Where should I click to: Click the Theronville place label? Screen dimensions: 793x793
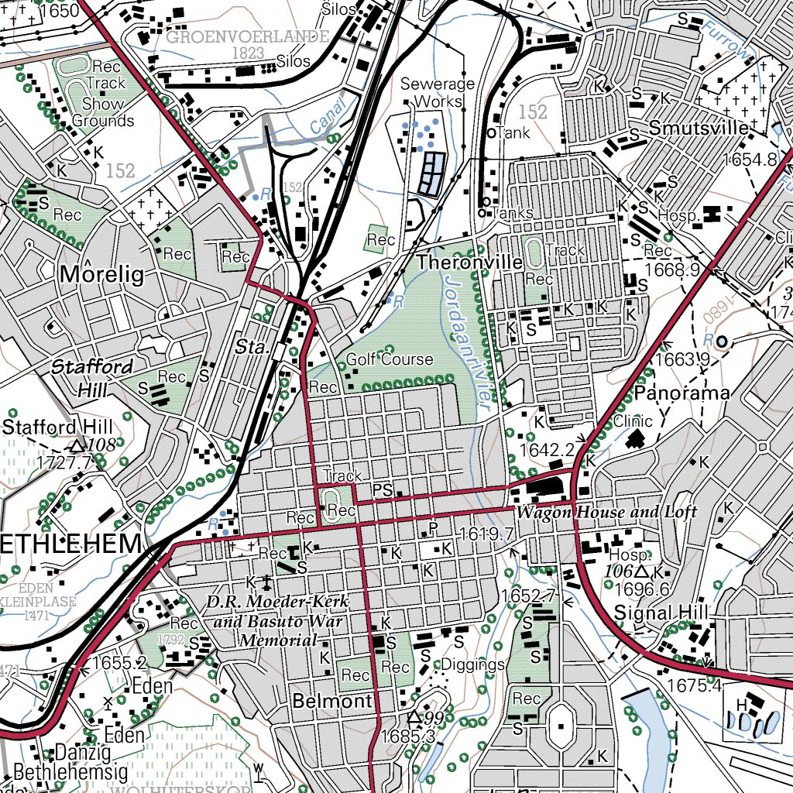click(469, 263)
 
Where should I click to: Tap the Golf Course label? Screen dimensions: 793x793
click(390, 359)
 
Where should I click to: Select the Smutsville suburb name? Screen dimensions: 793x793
click(699, 128)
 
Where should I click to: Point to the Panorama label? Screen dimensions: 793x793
click(681, 393)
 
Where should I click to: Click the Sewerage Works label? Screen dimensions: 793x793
click(438, 92)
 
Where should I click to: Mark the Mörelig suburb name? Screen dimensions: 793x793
click(101, 274)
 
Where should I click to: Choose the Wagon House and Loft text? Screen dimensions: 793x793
click(606, 512)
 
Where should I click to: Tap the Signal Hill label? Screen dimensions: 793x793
click(661, 613)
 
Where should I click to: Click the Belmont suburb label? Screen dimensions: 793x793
click(332, 702)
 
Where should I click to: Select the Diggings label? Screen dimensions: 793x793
click(473, 664)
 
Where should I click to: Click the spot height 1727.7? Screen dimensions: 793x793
click(64, 462)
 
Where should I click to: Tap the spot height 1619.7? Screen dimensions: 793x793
click(487, 534)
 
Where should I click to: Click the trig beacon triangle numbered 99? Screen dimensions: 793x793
click(415, 717)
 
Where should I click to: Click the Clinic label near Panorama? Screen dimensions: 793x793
click(633, 421)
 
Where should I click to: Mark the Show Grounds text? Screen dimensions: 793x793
click(103, 112)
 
